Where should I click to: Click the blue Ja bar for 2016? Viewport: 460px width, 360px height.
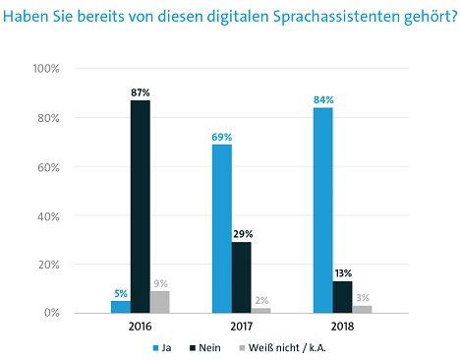click(121, 307)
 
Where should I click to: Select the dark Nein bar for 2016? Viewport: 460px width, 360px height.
click(141, 207)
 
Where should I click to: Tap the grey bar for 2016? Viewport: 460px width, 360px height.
click(160, 302)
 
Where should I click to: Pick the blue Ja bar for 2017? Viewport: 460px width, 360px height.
click(222, 228)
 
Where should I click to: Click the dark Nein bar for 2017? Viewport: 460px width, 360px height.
click(242, 277)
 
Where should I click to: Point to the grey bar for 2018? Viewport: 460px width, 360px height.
click(362, 309)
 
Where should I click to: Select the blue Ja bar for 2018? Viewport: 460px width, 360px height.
click(323, 210)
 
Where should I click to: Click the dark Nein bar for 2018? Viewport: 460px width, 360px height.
click(343, 297)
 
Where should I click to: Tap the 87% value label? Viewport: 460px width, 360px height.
click(141, 92)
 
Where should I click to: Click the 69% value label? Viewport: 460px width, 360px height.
click(222, 137)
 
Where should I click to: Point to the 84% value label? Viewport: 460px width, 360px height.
click(323, 100)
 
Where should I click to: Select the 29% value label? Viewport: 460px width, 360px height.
click(243, 234)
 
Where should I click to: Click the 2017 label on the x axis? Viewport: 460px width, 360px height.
click(242, 327)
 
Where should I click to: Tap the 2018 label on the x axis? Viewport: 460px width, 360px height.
click(343, 327)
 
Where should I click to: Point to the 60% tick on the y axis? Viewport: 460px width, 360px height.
click(48, 167)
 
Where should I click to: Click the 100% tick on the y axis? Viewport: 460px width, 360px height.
click(46, 69)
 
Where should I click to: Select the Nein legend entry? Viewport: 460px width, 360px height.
click(205, 348)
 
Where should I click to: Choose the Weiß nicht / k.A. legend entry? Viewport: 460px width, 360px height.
click(283, 347)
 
